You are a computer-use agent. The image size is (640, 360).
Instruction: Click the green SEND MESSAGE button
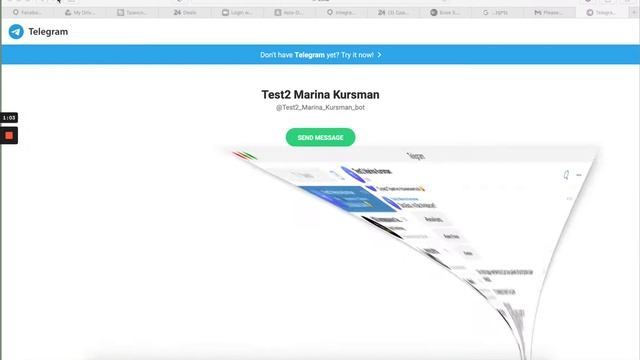tap(320, 138)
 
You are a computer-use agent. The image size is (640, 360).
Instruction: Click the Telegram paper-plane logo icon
tap(16, 32)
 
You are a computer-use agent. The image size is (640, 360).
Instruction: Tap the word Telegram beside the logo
tap(48, 32)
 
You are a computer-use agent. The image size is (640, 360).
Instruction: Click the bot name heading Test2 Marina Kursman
tap(320, 95)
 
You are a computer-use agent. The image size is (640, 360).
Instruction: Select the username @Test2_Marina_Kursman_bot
tap(320, 107)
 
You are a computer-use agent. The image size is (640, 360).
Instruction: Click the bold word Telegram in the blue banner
tap(310, 55)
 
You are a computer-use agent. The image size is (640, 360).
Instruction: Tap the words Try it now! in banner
tap(355, 55)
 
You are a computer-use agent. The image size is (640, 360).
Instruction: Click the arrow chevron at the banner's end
tap(380, 55)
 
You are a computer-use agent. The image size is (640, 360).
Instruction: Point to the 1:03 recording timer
tap(9, 118)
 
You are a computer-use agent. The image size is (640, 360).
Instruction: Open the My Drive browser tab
tap(86, 13)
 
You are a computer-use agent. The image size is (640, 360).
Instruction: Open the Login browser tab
tap(241, 13)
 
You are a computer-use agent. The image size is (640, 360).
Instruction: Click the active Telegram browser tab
tap(604, 13)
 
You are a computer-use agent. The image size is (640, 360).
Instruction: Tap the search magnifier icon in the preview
tap(566, 175)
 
